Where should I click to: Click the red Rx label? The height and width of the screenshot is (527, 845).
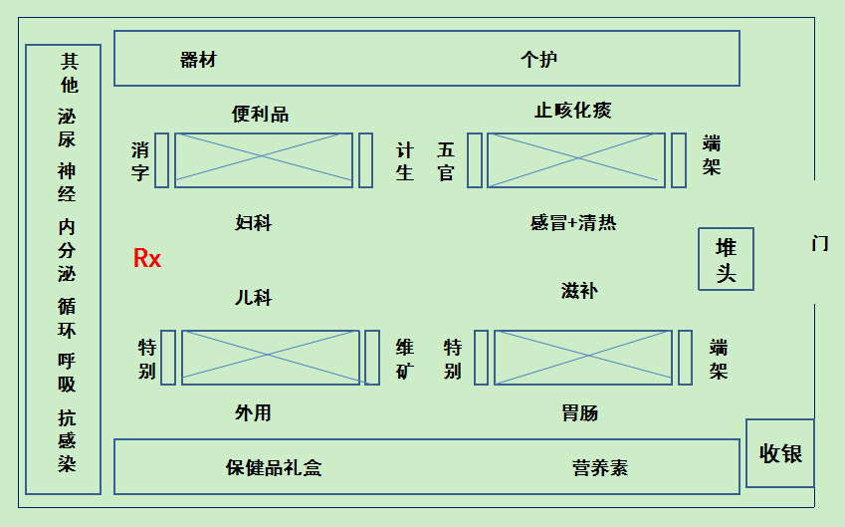coord(147,259)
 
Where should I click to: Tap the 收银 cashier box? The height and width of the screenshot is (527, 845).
coord(780,453)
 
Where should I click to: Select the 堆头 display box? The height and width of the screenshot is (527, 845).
coord(726,259)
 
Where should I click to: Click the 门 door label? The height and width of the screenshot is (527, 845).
coord(820,243)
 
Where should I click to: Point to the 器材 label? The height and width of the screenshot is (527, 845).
coord(198,60)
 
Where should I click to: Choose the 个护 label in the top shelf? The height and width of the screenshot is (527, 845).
coord(538,60)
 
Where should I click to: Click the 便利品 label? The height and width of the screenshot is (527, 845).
coord(260,114)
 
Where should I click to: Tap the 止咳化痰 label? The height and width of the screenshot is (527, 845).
coord(572,111)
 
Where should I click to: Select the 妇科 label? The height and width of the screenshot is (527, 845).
coord(254,223)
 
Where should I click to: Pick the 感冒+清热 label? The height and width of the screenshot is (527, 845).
coord(573,222)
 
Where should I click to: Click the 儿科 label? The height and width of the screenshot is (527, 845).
coord(253,298)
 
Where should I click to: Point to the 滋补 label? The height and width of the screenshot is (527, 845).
coord(579,291)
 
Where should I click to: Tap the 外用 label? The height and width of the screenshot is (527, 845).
coord(253,412)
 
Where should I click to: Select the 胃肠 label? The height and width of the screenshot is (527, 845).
coord(580,412)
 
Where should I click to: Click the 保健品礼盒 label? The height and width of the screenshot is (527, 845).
coord(274,467)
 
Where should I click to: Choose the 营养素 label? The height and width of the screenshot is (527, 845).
coord(600,467)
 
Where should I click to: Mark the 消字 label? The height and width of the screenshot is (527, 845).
coord(140,161)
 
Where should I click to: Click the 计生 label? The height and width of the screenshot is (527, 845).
coord(405,161)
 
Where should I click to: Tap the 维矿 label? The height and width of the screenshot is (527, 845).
coord(405,359)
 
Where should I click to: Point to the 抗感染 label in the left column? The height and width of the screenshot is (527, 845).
coord(67,440)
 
